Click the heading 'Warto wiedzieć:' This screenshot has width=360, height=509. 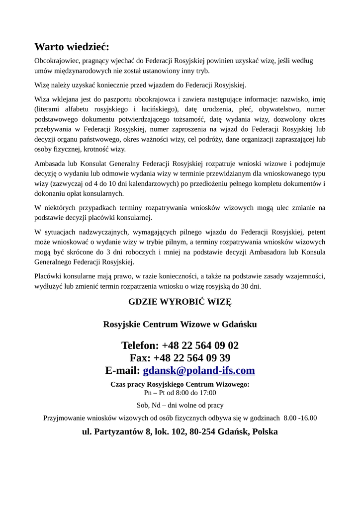point(72,47)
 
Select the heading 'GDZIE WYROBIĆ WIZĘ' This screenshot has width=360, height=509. point(180,302)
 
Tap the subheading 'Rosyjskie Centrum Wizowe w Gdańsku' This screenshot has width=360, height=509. point(180,325)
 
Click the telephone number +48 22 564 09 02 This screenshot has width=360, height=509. point(200,345)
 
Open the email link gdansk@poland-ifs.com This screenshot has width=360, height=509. point(199,370)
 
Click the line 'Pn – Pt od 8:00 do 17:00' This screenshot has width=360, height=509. point(180,392)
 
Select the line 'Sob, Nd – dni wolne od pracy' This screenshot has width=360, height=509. point(180,405)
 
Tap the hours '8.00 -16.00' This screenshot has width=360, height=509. point(300,418)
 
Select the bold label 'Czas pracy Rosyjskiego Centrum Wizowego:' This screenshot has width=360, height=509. point(180,384)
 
